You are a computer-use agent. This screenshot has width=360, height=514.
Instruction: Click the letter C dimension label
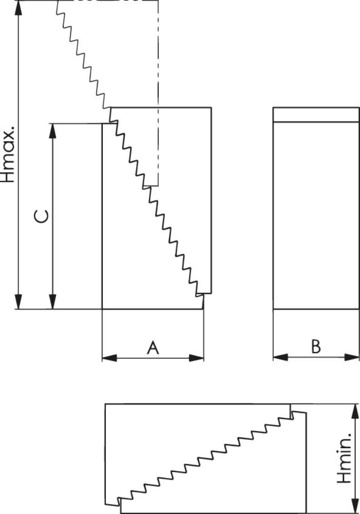[42, 216]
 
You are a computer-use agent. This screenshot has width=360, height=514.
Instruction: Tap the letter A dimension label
[153, 347]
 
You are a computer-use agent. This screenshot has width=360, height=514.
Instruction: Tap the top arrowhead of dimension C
[52, 131]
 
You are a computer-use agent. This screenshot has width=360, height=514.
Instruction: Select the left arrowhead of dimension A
[110, 358]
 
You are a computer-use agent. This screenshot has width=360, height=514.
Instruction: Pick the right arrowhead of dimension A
[197, 358]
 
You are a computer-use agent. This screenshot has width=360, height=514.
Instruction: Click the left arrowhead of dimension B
[281, 357]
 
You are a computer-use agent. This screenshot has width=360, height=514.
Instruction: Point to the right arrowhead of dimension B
[352, 357]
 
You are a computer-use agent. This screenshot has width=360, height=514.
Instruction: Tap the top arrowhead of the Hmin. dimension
[354, 412]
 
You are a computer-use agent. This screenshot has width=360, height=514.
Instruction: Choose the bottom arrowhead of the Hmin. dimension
[354, 506]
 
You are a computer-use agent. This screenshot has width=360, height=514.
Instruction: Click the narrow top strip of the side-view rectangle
[316, 115]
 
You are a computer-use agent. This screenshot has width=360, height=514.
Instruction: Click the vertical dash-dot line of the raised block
[158, 93]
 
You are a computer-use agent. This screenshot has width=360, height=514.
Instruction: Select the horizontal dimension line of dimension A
[153, 358]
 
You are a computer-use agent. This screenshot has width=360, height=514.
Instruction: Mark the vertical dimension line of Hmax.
[18, 155]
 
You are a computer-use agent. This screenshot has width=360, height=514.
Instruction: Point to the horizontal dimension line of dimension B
[316, 357]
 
